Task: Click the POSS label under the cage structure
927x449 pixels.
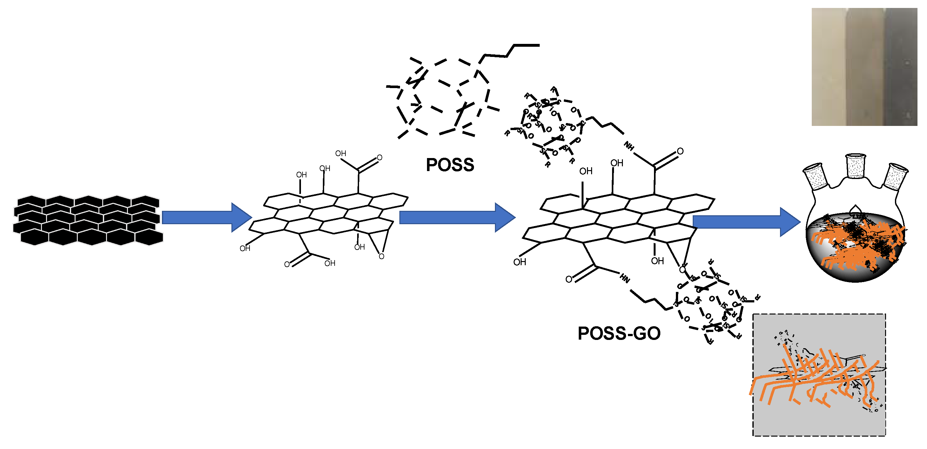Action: tap(450, 165)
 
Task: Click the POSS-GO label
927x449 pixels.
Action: tap(619, 333)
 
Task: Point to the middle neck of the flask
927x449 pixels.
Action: tap(855, 166)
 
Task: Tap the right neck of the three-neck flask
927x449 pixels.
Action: tap(896, 176)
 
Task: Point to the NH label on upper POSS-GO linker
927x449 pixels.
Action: tap(629, 146)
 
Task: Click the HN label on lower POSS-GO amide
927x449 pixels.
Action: tap(625, 279)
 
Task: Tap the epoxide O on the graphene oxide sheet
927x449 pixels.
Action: tap(382, 256)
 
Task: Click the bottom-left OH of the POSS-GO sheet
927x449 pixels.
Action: tap(520, 262)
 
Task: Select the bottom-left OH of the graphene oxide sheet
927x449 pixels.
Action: tap(245, 248)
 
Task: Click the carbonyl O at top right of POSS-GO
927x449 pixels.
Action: tap(680, 151)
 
